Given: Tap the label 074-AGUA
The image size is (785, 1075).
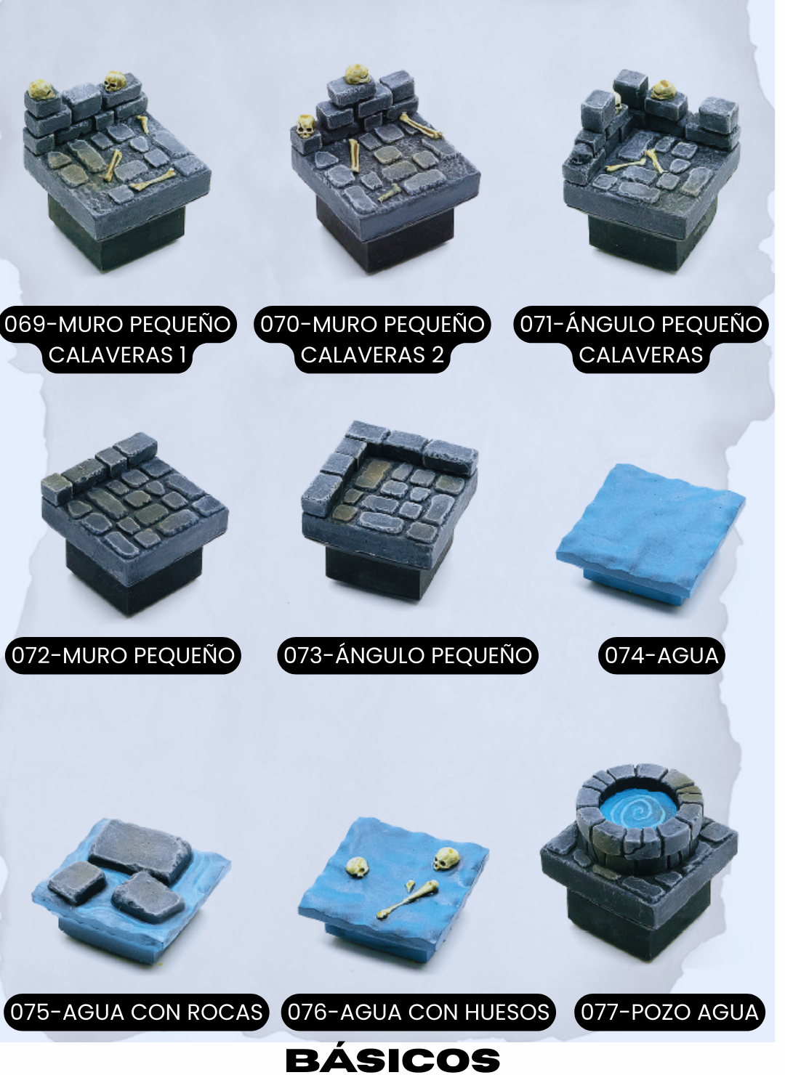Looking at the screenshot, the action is pyautogui.click(x=661, y=656).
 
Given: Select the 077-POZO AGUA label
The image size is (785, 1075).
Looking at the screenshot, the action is pyautogui.click(x=669, y=1012).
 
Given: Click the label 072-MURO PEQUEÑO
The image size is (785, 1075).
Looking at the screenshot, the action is pyautogui.click(x=123, y=656).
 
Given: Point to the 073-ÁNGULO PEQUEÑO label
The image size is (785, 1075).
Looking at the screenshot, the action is pyautogui.click(x=408, y=656).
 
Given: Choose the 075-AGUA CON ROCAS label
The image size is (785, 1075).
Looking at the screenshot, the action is pyautogui.click(x=137, y=1012).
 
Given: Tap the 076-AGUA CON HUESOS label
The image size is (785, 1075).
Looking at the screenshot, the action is pyautogui.click(x=418, y=1012).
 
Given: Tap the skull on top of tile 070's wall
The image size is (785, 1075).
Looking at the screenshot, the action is pyautogui.click(x=356, y=74).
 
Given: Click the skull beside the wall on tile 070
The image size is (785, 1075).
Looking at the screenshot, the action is pyautogui.click(x=306, y=126).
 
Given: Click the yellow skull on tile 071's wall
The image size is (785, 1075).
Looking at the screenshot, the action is pyautogui.click(x=663, y=90).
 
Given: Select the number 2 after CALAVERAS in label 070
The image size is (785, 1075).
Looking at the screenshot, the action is pyautogui.click(x=437, y=355).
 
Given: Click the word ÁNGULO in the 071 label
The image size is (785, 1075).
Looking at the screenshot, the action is pyautogui.click(x=610, y=324).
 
